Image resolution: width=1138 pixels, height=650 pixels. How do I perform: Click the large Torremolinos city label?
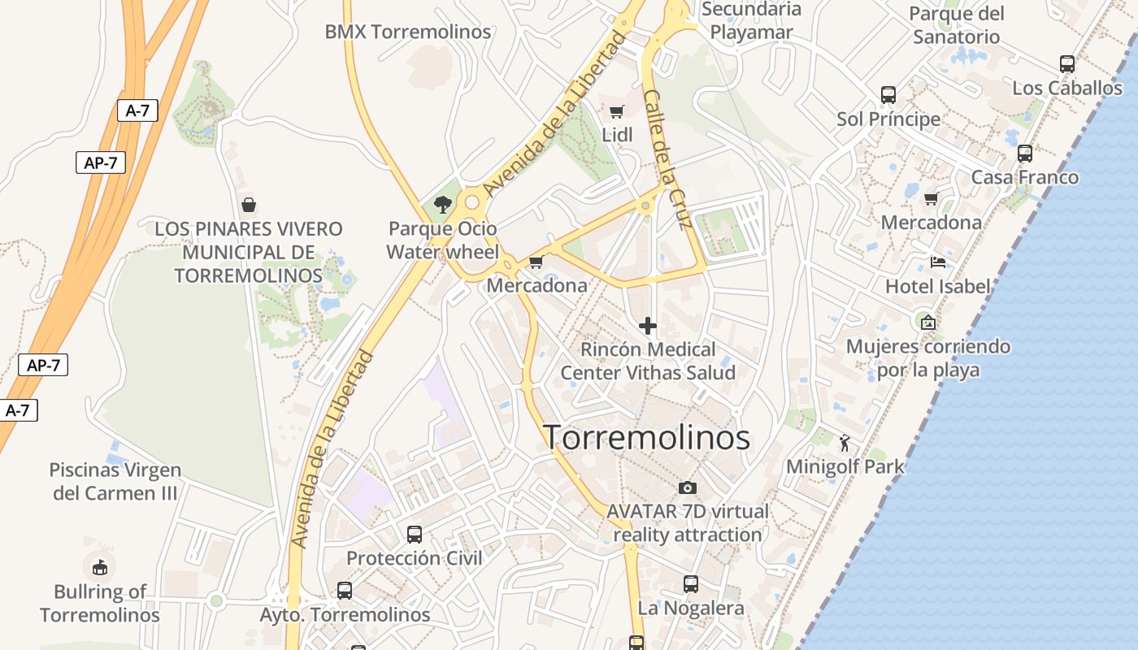pos(646,438)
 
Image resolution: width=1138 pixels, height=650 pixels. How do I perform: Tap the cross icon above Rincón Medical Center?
pos(648,326)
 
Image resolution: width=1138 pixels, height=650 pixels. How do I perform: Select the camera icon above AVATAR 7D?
pos(688,487)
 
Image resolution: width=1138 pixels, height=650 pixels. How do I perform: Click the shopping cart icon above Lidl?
pos(617,111)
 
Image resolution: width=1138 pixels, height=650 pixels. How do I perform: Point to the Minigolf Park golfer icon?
pos(845,444)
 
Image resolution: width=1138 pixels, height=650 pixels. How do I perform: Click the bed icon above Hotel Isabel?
pos(938,262)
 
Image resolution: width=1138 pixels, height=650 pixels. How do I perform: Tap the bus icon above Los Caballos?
pos(1067,63)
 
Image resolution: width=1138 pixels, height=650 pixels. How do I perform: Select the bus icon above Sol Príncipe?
pos(888,95)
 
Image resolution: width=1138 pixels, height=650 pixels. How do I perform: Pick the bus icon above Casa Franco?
pos(1025,153)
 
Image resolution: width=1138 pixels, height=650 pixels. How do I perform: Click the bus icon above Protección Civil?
pos(415,534)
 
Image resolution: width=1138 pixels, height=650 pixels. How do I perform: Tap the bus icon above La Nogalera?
pos(691,583)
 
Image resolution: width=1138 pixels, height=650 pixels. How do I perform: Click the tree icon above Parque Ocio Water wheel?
pos(443,204)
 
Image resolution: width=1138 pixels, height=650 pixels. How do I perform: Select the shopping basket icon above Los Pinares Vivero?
pos(249,205)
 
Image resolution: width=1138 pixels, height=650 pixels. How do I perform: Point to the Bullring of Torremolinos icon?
pos(100,566)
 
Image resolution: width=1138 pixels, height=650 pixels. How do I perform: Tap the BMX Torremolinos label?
pos(408,32)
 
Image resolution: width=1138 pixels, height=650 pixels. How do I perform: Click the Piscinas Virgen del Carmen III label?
pos(115,481)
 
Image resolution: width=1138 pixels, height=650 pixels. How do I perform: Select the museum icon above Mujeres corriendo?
pos(928,322)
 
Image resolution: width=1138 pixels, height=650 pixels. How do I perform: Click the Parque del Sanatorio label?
pos(957,25)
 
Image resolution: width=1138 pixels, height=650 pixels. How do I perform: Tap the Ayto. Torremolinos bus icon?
pos(345,590)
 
